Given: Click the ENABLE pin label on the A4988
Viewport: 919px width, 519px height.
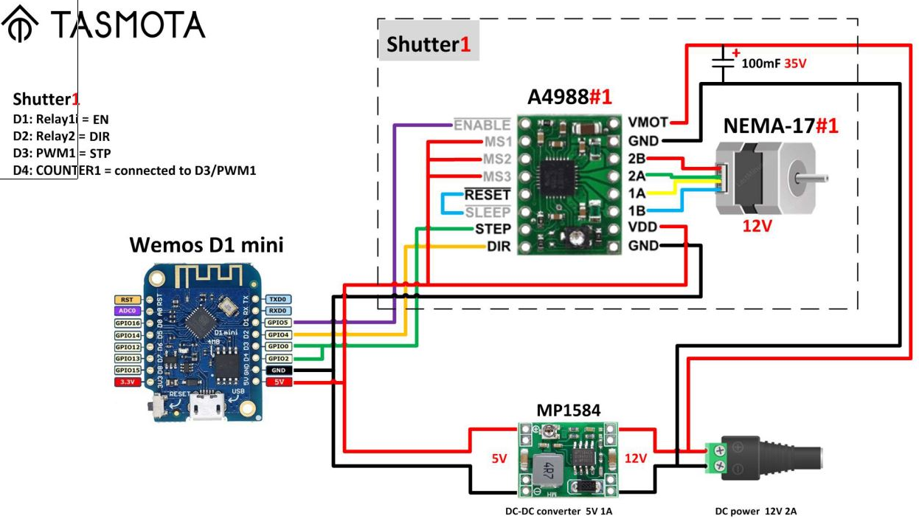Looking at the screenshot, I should (482, 125).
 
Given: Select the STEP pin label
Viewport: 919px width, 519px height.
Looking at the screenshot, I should (493, 229).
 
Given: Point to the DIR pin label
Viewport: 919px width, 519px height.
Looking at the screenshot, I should (499, 247).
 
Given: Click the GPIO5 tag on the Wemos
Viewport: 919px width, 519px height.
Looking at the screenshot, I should (278, 323).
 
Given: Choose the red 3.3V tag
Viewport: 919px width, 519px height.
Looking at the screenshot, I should (127, 382).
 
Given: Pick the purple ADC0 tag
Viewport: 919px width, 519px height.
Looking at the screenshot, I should (127, 311).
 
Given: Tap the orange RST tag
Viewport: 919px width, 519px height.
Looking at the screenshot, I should (127, 299).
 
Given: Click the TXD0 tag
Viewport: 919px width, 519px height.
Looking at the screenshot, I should (278, 299).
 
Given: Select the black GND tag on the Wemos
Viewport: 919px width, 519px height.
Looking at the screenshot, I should (278, 370).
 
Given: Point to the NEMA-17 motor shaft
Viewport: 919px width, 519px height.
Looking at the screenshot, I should (815, 177).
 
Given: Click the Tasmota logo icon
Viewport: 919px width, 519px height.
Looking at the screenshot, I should (19, 26).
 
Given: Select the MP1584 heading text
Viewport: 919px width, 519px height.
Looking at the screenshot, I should (568, 410).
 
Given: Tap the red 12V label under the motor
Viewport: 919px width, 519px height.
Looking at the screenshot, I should (757, 226).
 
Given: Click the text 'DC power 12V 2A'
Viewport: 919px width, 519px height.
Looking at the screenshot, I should (755, 511).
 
